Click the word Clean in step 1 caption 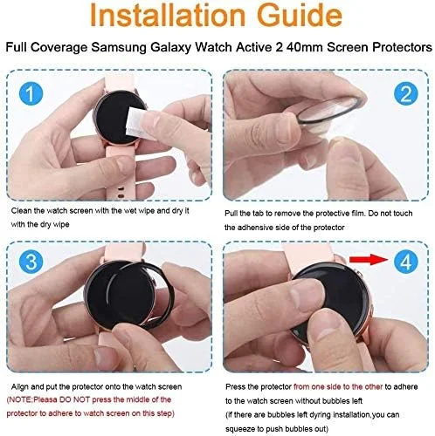click(23, 211)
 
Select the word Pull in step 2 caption click(234, 212)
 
